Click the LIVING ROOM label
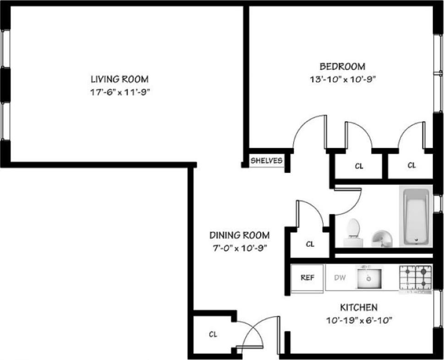(x=119, y=78)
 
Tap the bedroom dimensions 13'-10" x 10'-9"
(x=343, y=78)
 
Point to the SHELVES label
(x=266, y=161)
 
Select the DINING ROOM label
(x=239, y=235)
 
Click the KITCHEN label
(x=358, y=307)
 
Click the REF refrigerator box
(x=307, y=278)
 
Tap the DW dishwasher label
(x=339, y=278)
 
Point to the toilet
(x=353, y=229)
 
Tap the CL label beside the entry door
(x=213, y=334)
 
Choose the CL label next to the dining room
(x=310, y=244)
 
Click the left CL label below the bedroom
(x=359, y=166)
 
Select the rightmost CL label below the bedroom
(x=411, y=166)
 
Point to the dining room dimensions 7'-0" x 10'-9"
(x=239, y=248)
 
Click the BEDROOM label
(x=343, y=65)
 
